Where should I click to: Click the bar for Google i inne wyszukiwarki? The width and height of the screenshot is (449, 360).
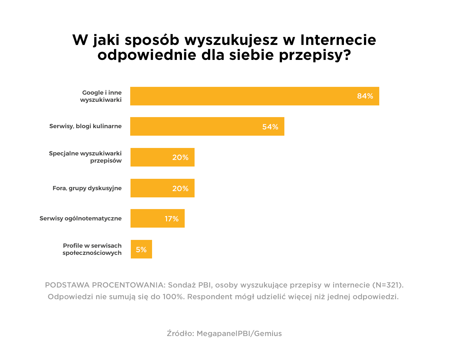click(239, 96)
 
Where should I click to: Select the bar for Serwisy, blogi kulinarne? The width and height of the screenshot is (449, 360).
click(195, 126)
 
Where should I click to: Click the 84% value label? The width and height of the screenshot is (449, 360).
click(365, 96)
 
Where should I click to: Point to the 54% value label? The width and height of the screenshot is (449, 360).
click(270, 127)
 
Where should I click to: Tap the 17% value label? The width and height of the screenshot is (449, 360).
click(172, 219)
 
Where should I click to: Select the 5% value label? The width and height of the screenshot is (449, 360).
click(141, 249)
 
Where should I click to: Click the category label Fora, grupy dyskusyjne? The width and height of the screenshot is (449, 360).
click(87, 188)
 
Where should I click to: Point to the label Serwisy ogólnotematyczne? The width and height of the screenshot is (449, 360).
click(81, 218)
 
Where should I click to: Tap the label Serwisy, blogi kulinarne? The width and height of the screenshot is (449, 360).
click(85, 126)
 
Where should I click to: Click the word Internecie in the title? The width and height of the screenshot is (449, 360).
click(338, 40)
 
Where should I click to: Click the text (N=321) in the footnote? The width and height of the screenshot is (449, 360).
click(388, 285)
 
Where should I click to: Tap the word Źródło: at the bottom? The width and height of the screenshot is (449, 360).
click(180, 333)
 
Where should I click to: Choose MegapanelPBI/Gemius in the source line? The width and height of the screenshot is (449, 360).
click(239, 333)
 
